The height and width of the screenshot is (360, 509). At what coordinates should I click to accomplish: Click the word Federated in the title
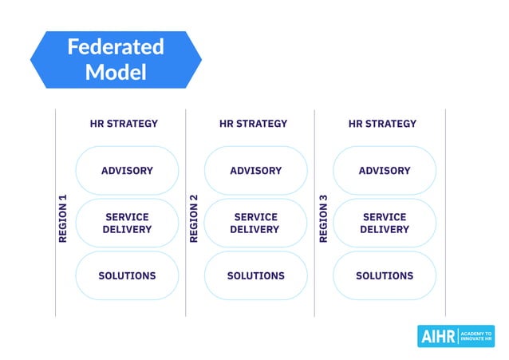(x=116, y=47)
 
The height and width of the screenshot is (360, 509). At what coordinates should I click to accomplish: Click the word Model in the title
(x=116, y=73)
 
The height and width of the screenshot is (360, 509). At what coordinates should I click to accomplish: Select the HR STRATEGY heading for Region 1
(x=124, y=124)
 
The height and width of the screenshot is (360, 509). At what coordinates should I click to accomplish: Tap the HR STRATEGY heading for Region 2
(x=253, y=124)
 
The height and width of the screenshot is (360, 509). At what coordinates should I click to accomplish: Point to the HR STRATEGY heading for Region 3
(x=382, y=124)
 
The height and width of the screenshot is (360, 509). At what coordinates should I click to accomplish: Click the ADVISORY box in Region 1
(x=127, y=171)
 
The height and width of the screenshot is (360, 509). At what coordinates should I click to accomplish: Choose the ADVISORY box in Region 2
(x=255, y=171)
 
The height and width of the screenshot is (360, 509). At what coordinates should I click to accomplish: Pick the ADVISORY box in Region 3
(x=385, y=171)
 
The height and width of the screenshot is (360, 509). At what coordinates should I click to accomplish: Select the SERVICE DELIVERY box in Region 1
(x=127, y=224)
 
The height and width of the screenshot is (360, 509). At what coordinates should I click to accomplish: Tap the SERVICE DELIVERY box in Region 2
(x=255, y=224)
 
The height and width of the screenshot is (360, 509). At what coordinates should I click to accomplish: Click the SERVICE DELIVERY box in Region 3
(x=385, y=224)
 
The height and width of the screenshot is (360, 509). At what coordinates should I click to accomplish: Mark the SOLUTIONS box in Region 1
(x=127, y=276)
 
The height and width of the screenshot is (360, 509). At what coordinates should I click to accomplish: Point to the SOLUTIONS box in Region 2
(x=255, y=276)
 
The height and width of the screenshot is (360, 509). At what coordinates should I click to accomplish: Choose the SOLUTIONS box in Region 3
(x=385, y=276)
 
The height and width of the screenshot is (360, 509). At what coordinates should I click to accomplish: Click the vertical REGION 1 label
(x=64, y=218)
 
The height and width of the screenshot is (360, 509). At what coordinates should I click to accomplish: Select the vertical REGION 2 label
(x=193, y=218)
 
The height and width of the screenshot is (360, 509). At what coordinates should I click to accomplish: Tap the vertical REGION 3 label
(x=323, y=218)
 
